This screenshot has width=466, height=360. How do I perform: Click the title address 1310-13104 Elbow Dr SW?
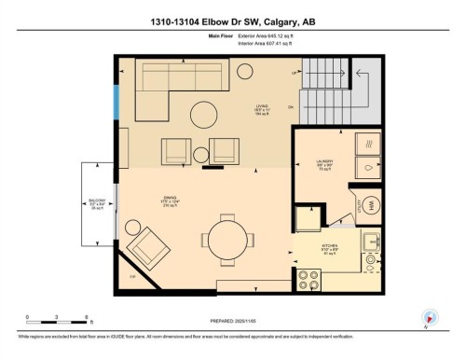tap(232, 21)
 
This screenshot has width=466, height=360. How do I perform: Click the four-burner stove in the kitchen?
tap(309, 280)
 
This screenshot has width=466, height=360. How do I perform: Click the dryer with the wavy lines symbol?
tap(370, 145)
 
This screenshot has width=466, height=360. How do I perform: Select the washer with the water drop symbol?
tap(370, 169)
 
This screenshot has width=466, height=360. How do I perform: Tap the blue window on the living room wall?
tap(116, 104)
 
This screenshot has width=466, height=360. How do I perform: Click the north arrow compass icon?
tap(430, 317)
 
